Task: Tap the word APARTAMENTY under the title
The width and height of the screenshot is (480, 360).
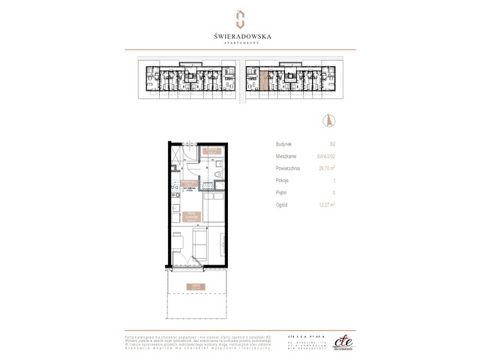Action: (240, 43)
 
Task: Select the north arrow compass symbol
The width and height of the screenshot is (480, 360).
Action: (328, 120)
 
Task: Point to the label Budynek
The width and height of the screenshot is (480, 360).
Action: (284, 143)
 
